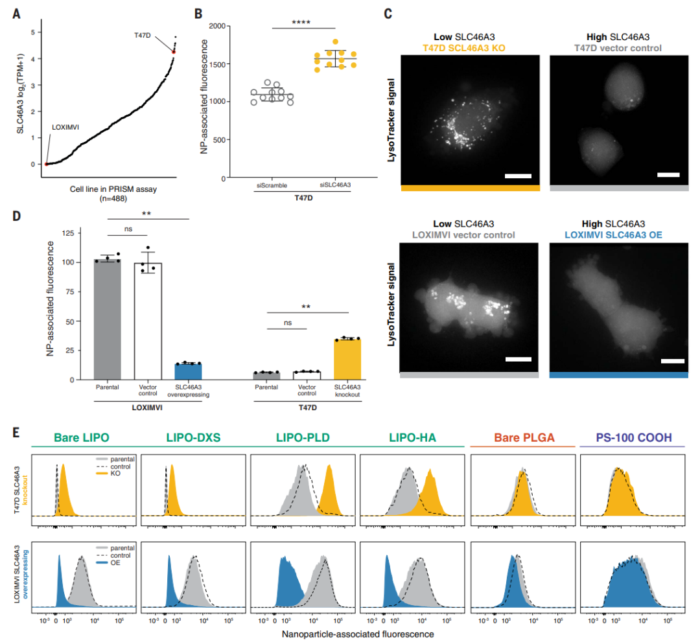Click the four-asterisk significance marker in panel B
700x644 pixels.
click(303, 22)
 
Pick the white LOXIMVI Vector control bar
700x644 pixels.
click(148, 321)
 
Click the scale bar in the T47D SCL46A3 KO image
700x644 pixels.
click(518, 176)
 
